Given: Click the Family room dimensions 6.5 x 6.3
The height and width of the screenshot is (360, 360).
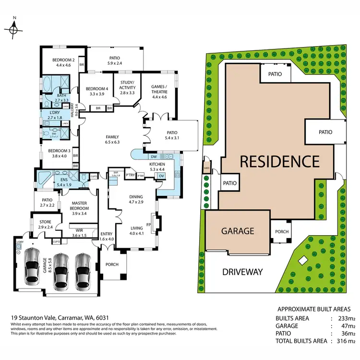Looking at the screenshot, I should pyautogui.click(x=112, y=142).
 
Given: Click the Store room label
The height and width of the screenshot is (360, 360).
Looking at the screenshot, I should pyautogui.click(x=46, y=221).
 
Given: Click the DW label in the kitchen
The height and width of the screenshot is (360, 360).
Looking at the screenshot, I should pyautogui.click(x=153, y=157).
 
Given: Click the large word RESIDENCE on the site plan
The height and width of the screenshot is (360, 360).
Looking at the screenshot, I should pyautogui.click(x=279, y=161).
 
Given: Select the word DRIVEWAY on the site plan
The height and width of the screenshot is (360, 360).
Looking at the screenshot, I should pyautogui.click(x=242, y=272).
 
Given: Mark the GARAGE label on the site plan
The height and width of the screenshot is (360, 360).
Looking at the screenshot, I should pyautogui.click(x=237, y=230).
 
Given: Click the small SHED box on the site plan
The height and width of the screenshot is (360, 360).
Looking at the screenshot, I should pyautogui.click(x=207, y=168).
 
